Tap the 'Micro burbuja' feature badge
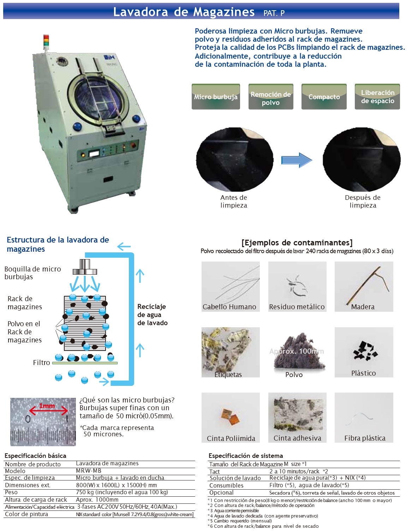216,96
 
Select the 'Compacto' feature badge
324,96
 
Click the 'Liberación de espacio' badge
377,96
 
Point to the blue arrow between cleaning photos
297,160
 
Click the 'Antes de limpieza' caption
234,201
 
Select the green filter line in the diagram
85,363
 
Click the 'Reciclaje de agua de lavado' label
152,315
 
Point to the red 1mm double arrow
48,411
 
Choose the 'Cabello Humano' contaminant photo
231,286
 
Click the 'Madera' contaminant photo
364,286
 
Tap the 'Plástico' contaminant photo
364,352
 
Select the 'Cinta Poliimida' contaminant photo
231,417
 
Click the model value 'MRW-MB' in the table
89,471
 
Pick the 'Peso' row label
11,492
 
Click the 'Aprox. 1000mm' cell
97,500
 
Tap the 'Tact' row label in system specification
214,472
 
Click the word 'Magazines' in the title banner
224,12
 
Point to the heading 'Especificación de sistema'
245,456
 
